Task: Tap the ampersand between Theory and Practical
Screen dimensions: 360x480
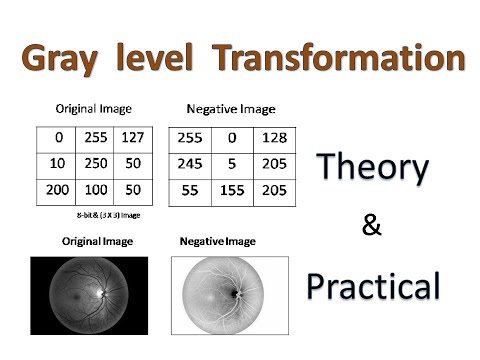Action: [372, 227]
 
